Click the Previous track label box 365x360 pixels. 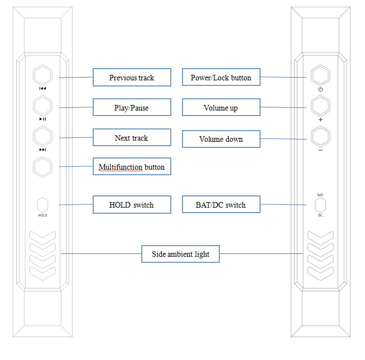point(132,78)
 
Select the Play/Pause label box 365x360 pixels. point(132,108)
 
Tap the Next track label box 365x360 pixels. point(132,138)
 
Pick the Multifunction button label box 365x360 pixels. point(132,167)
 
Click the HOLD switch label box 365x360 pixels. point(132,205)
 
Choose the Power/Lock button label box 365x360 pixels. point(221,78)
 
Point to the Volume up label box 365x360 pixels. point(221,108)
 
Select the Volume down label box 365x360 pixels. point(221,139)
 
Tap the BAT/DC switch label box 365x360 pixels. point(221,205)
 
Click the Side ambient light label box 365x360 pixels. point(181,254)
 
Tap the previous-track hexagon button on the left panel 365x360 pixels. point(42,75)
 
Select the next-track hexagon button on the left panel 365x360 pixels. point(42,136)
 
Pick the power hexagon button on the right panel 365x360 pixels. point(320,75)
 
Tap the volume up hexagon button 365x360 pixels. point(320,105)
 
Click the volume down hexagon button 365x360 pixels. point(320,136)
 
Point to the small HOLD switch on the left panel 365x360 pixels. point(42,205)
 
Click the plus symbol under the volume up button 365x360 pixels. point(320,119)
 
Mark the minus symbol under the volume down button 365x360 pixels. point(320,150)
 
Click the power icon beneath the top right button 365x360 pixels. point(320,89)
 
